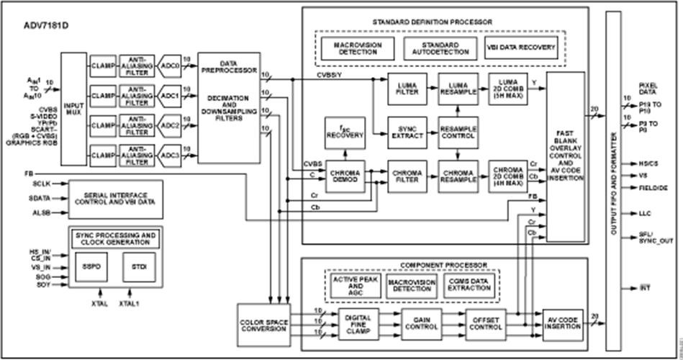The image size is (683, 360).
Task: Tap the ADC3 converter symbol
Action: tap(170, 154)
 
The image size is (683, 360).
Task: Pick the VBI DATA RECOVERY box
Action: tap(523, 48)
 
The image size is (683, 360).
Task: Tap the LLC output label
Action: tap(645, 214)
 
